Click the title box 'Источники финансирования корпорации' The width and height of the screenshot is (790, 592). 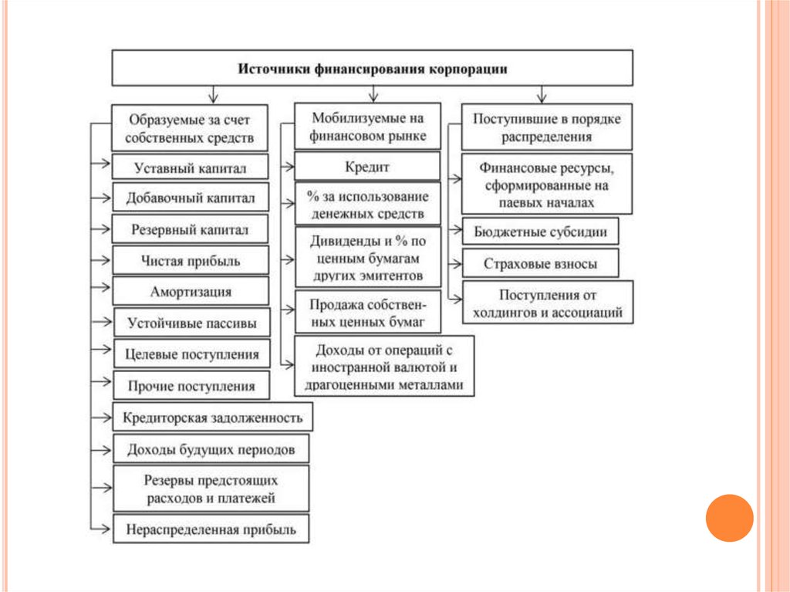pos(373,68)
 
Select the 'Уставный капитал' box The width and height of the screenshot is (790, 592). pos(191,167)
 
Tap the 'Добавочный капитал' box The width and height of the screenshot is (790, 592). pos(191,198)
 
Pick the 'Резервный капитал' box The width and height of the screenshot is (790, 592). pos(191,229)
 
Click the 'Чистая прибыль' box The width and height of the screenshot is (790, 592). pos(191,261)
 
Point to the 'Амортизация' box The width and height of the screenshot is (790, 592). pos(191,292)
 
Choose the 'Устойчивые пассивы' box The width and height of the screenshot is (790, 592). pos(192,323)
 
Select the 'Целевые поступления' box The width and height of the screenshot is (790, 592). pos(192,354)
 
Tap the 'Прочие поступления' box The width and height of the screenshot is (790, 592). pos(192,385)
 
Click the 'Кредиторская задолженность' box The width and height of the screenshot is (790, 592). pos(212,418)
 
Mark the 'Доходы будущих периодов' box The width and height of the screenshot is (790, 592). pos(211,448)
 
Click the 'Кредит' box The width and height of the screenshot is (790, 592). pos(367,167)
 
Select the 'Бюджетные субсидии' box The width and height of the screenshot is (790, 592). pos(540,231)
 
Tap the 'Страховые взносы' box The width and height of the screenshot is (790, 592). pos(540,263)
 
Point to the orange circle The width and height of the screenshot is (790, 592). pos(729,517)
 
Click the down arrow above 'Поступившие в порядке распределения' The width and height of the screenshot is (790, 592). pos(542,95)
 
